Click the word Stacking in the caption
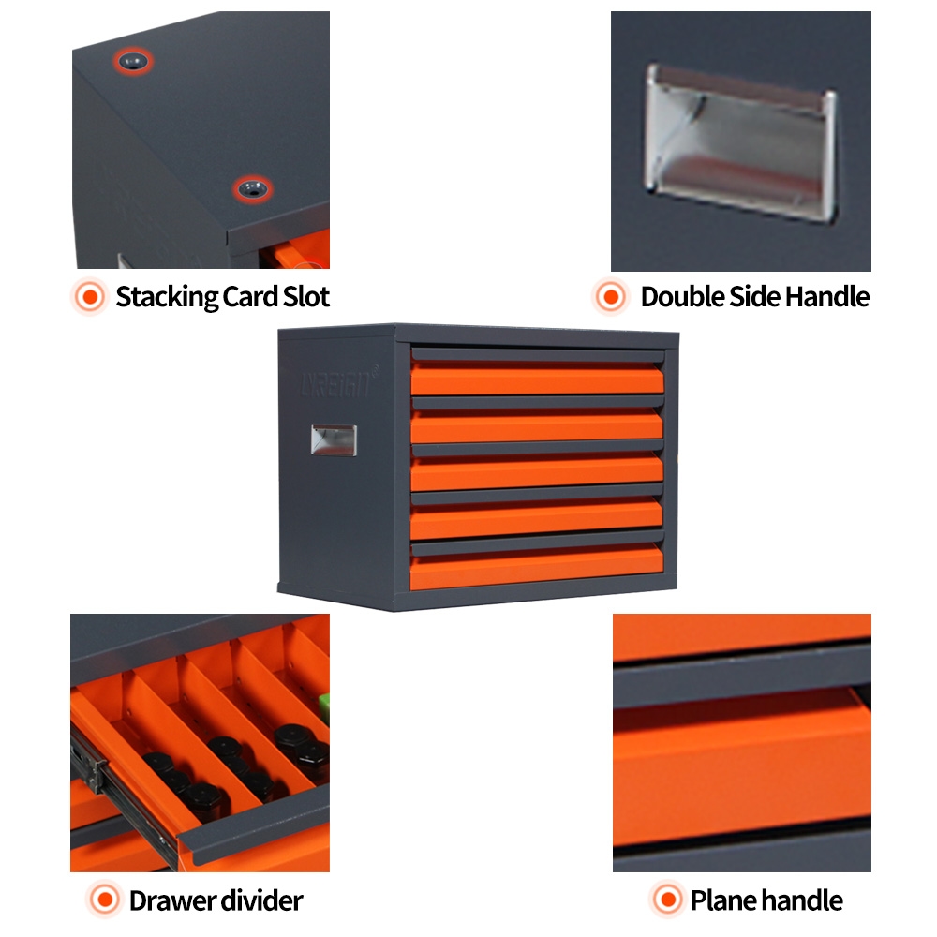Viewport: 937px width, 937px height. coord(166,298)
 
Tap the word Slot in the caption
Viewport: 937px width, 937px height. coord(306,298)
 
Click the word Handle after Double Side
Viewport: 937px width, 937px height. coord(827,298)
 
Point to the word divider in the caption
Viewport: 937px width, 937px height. coord(262,901)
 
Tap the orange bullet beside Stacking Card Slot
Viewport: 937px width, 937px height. coord(90,298)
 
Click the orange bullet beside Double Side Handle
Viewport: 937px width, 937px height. coord(611,298)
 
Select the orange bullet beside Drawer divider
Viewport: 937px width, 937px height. coord(104,901)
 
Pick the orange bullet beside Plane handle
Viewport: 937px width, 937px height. coord(666,901)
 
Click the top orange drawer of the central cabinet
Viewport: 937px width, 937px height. coord(537,379)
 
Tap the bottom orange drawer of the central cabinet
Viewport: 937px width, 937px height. coord(537,570)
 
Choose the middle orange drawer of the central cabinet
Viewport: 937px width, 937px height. coord(537,474)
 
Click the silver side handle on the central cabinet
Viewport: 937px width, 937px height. coord(333,440)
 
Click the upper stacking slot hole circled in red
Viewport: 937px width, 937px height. coord(134,62)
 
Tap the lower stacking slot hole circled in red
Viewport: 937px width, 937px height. coord(250,189)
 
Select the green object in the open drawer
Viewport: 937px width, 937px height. coord(324,705)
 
